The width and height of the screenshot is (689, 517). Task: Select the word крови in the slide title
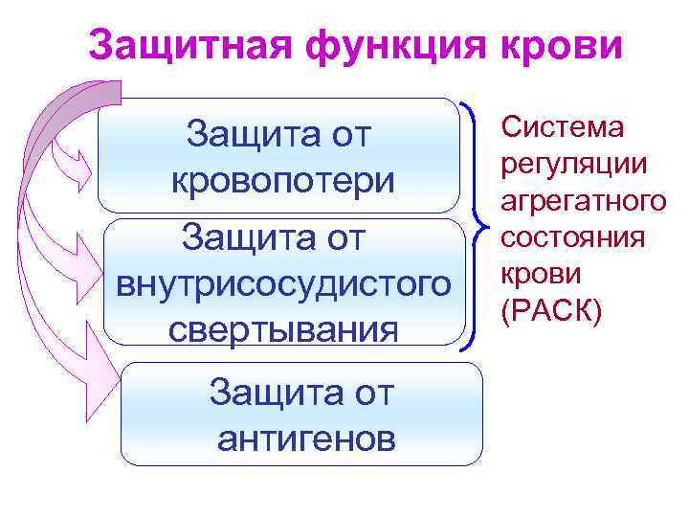click(566, 45)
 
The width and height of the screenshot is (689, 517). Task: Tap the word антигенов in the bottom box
click(305, 438)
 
